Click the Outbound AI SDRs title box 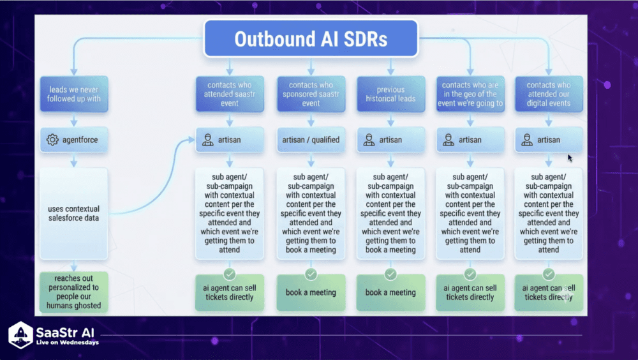[311, 39]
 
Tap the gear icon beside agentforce [52, 139]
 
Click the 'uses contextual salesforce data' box [74, 214]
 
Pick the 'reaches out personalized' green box [73, 292]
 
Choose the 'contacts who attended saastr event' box [229, 94]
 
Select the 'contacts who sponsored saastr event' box [311, 94]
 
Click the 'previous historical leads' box [391, 94]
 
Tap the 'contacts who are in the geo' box [470, 94]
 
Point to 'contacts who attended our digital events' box [549, 94]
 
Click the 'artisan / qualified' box [311, 140]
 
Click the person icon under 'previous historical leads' [369, 140]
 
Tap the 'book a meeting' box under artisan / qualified [311, 292]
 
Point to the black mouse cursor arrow [570, 158]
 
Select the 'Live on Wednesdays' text [67, 343]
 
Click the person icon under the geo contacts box [448, 140]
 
